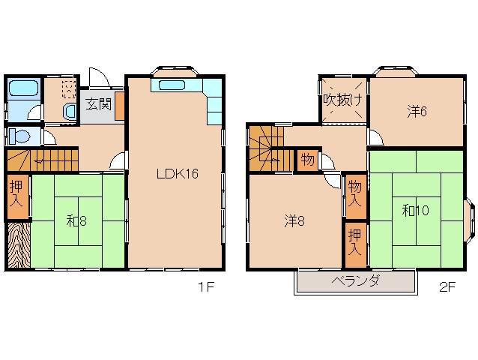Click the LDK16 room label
pyautogui.click(x=177, y=173)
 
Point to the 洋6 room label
pyautogui.click(x=417, y=112)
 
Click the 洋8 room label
pyautogui.click(x=294, y=221)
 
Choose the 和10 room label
pyautogui.click(x=415, y=211)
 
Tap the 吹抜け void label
pyautogui.click(x=343, y=99)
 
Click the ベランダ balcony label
pyautogui.click(x=355, y=282)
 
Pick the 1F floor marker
pyautogui.click(x=205, y=287)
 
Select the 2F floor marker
pyautogui.click(x=448, y=287)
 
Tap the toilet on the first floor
pyautogui.click(x=20, y=137)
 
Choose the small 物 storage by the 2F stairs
pyautogui.click(x=307, y=160)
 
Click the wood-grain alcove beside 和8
pyautogui.click(x=17, y=245)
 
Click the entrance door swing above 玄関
pyautogui.click(x=98, y=77)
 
